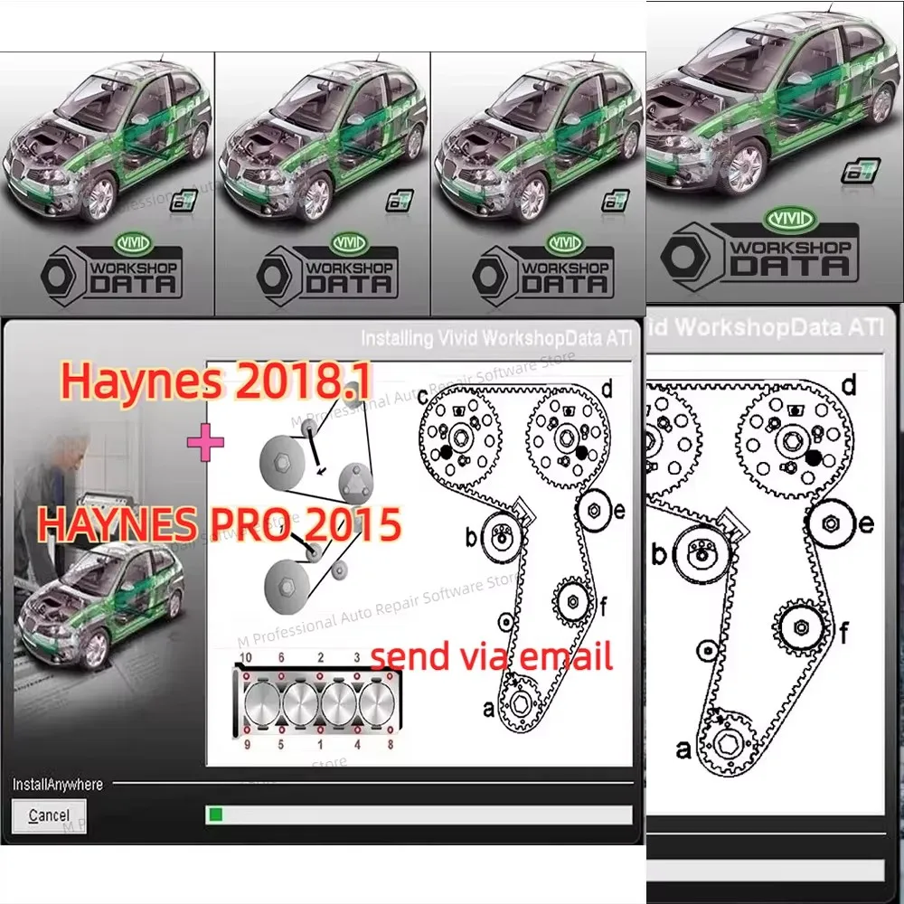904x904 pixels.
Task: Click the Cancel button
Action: [x=49, y=815]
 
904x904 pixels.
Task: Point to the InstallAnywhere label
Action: [x=57, y=784]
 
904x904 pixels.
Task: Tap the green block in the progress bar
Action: [x=216, y=815]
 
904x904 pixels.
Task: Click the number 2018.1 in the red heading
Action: [x=302, y=383]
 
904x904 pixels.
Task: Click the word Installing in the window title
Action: [x=397, y=338]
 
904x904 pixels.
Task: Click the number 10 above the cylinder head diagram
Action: [x=245, y=656]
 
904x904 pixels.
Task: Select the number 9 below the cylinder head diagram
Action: [x=245, y=746]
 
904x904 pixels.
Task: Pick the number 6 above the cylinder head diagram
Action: [x=281, y=656]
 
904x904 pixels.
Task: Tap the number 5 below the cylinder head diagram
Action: [x=281, y=746]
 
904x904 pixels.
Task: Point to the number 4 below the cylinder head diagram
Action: [x=357, y=746]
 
